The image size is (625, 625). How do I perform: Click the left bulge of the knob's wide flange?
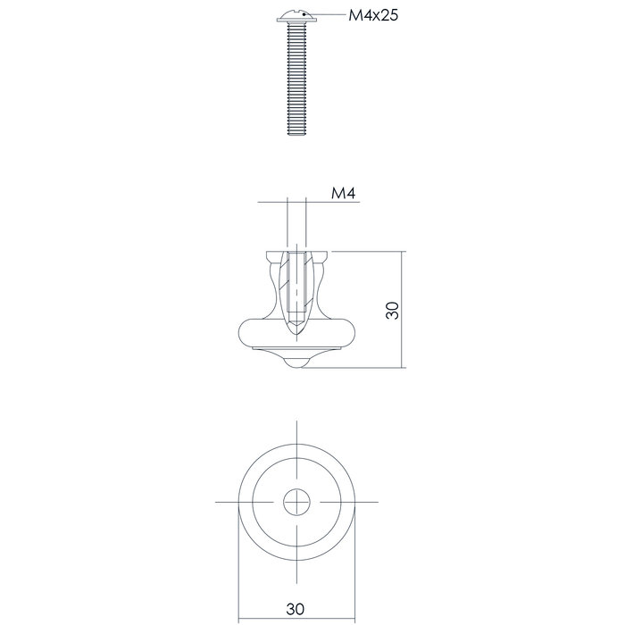point(246,335)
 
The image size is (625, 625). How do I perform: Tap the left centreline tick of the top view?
point(225,503)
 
